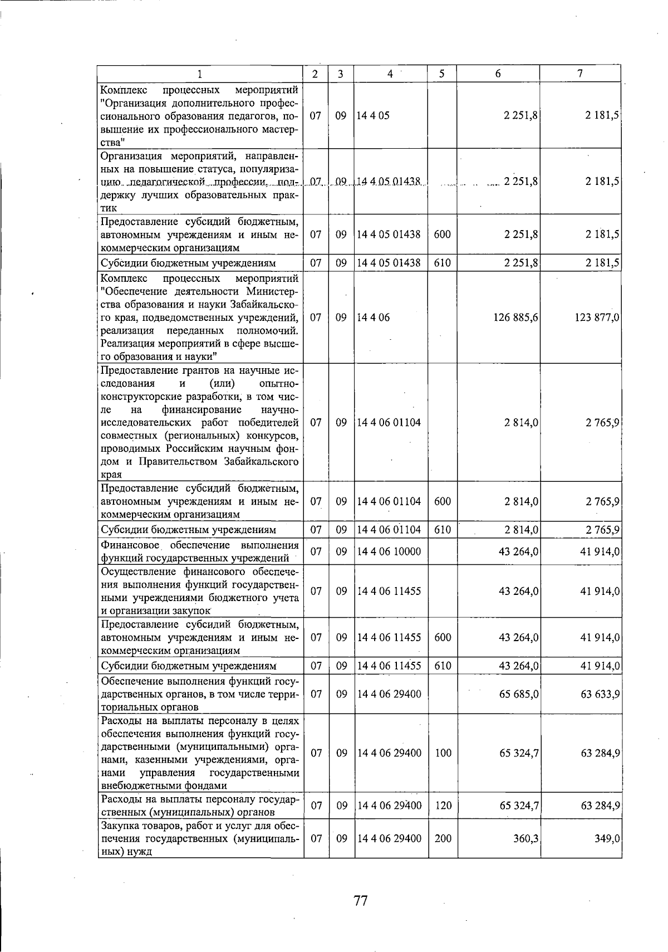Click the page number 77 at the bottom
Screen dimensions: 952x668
(x=360, y=900)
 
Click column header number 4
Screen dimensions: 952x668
(x=390, y=74)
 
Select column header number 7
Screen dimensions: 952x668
(x=580, y=74)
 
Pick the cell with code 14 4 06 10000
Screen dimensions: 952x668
(x=389, y=551)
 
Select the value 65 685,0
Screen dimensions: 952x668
(x=518, y=694)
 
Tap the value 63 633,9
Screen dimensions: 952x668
(x=600, y=694)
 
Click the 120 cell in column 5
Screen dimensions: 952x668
(x=443, y=805)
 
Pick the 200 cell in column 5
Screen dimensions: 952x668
(x=443, y=838)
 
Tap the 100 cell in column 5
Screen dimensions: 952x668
(x=443, y=753)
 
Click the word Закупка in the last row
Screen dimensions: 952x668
(x=119, y=826)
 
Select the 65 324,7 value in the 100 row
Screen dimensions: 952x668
(x=518, y=753)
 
